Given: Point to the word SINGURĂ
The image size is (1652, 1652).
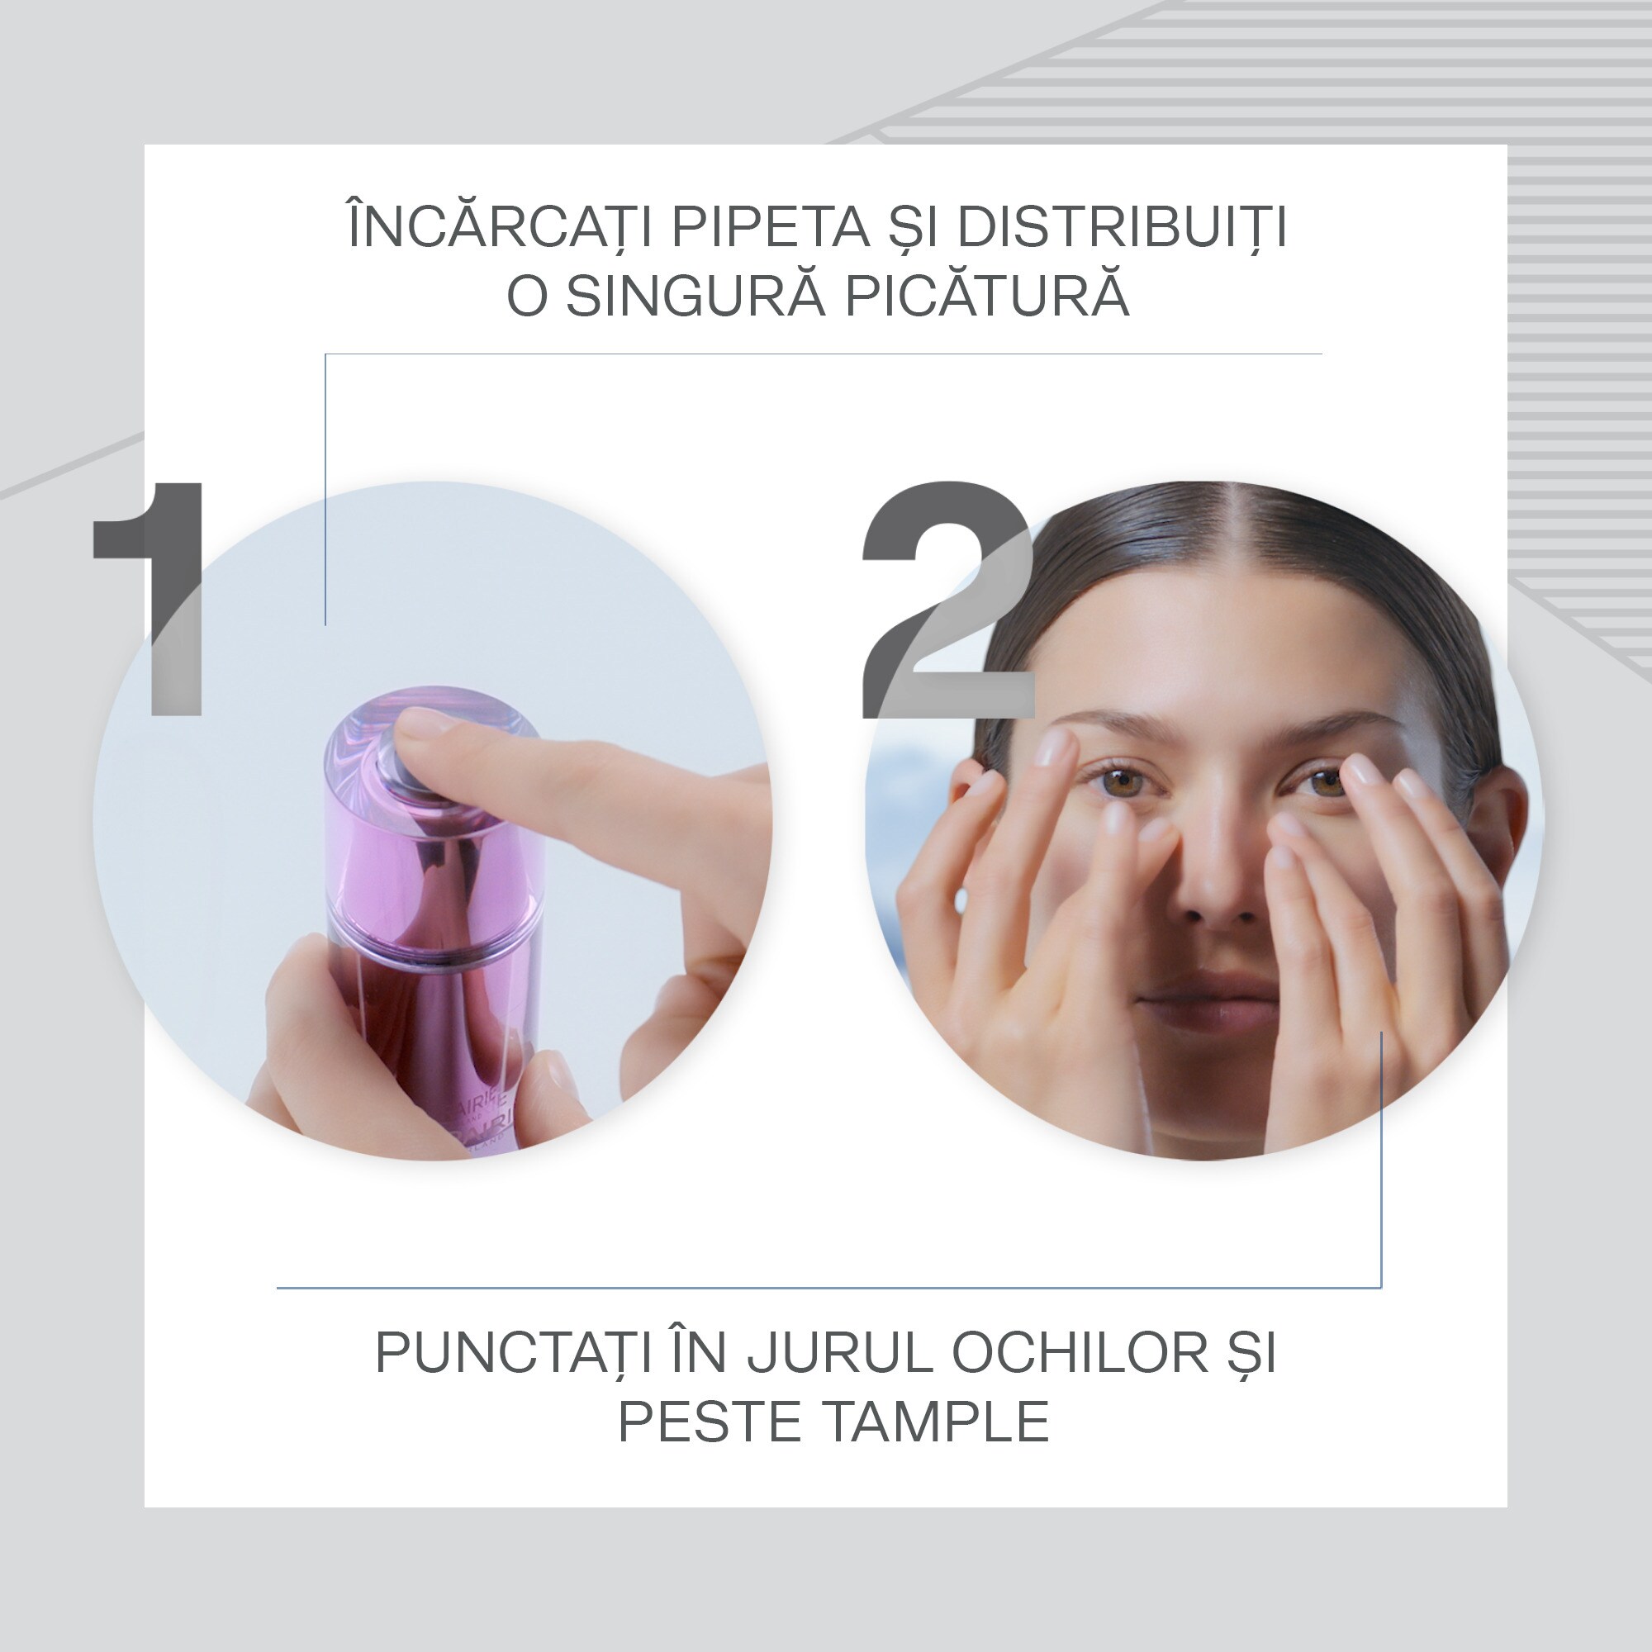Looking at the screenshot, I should pyautogui.click(x=695, y=296).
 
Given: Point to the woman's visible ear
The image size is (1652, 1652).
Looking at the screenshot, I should pyautogui.click(x=1501, y=821).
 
